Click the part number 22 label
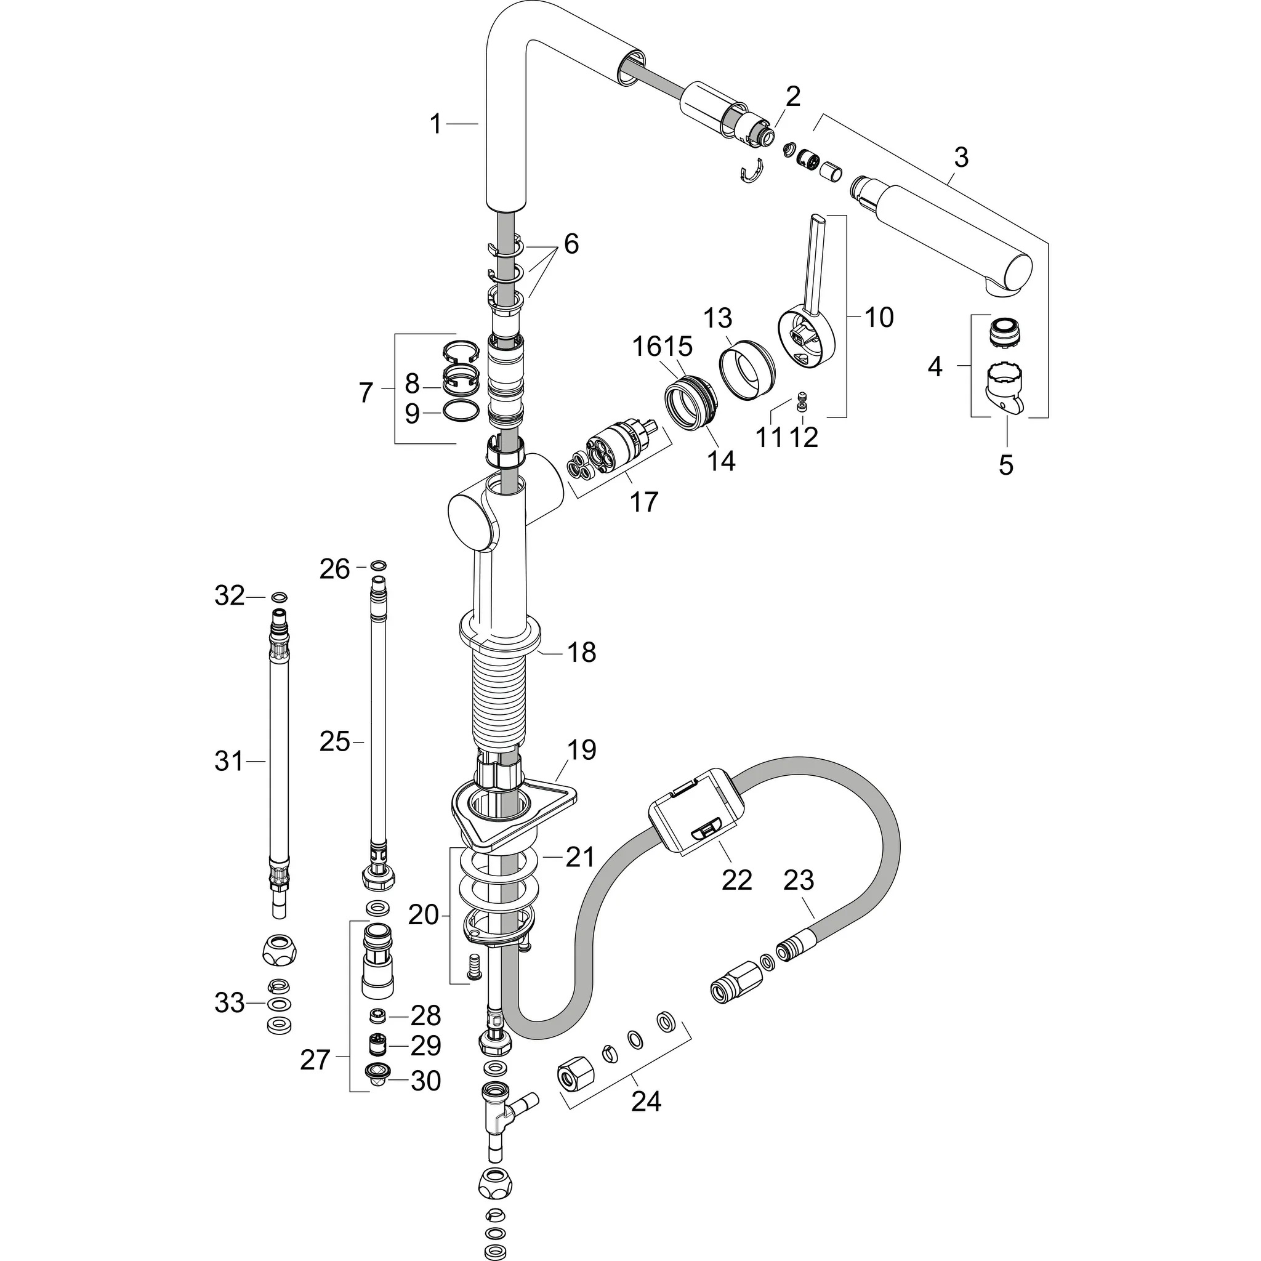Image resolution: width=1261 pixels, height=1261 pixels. [x=737, y=880]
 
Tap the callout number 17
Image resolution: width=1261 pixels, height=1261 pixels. [x=643, y=502]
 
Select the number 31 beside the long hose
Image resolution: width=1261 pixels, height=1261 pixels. [x=228, y=761]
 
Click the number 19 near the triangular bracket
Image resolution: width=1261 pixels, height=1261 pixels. [x=581, y=750]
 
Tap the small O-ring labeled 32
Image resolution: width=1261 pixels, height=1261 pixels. [x=279, y=597]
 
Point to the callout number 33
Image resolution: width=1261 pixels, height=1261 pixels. [x=229, y=1003]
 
